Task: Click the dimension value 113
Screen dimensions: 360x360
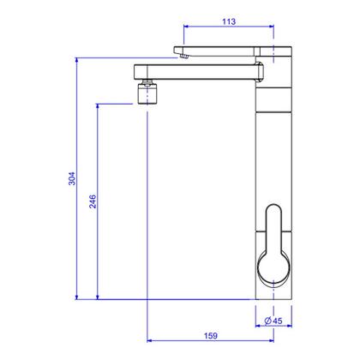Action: click(229, 21)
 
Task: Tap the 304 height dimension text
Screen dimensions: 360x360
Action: click(72, 178)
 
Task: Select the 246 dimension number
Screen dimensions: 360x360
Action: click(93, 201)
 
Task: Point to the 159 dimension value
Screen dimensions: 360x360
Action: click(211, 336)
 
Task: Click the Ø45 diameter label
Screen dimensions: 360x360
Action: click(273, 321)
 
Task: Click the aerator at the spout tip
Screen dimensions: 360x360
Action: click(147, 92)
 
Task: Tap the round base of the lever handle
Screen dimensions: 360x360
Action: click(273, 268)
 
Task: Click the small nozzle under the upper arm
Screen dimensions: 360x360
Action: click(184, 57)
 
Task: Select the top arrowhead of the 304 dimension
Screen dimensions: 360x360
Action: click(76, 60)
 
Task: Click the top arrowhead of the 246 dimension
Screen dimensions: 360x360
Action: click(98, 106)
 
